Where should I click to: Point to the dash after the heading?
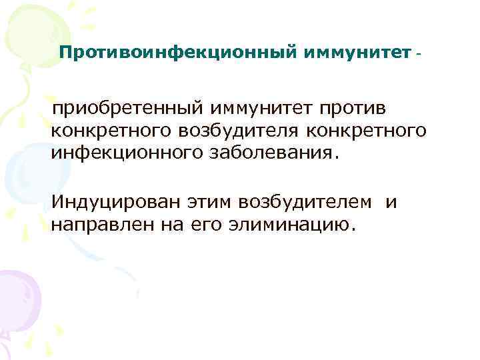tap(418, 52)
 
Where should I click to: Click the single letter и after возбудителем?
tap(391, 202)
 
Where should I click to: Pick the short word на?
tap(172, 225)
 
